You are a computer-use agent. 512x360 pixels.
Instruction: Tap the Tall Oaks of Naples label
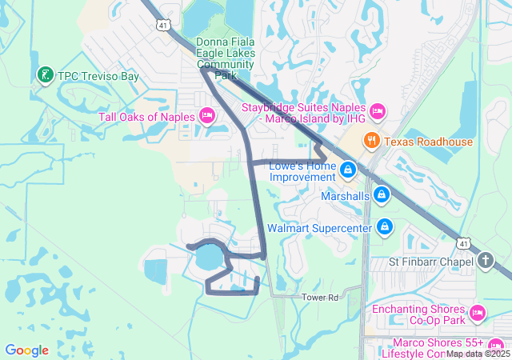click(146, 117)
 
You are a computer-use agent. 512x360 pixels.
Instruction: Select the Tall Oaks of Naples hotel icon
click(206, 117)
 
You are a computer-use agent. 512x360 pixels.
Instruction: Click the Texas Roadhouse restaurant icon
click(371, 142)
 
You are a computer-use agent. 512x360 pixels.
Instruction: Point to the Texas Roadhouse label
click(428, 142)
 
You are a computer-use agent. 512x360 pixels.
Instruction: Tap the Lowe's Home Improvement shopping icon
click(349, 170)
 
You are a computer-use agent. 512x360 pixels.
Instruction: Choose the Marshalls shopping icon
click(382, 195)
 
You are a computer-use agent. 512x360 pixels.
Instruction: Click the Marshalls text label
click(345, 195)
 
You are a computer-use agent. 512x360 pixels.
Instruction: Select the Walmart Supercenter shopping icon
click(385, 227)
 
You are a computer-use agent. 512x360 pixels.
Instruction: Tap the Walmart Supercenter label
click(320, 228)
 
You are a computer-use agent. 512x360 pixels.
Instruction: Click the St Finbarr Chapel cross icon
click(486, 261)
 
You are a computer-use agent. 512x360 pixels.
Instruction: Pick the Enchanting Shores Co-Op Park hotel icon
click(478, 312)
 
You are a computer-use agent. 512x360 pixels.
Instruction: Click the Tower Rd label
click(321, 298)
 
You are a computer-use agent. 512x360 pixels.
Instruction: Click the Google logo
click(27, 350)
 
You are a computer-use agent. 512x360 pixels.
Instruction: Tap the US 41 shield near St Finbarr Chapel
click(463, 242)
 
